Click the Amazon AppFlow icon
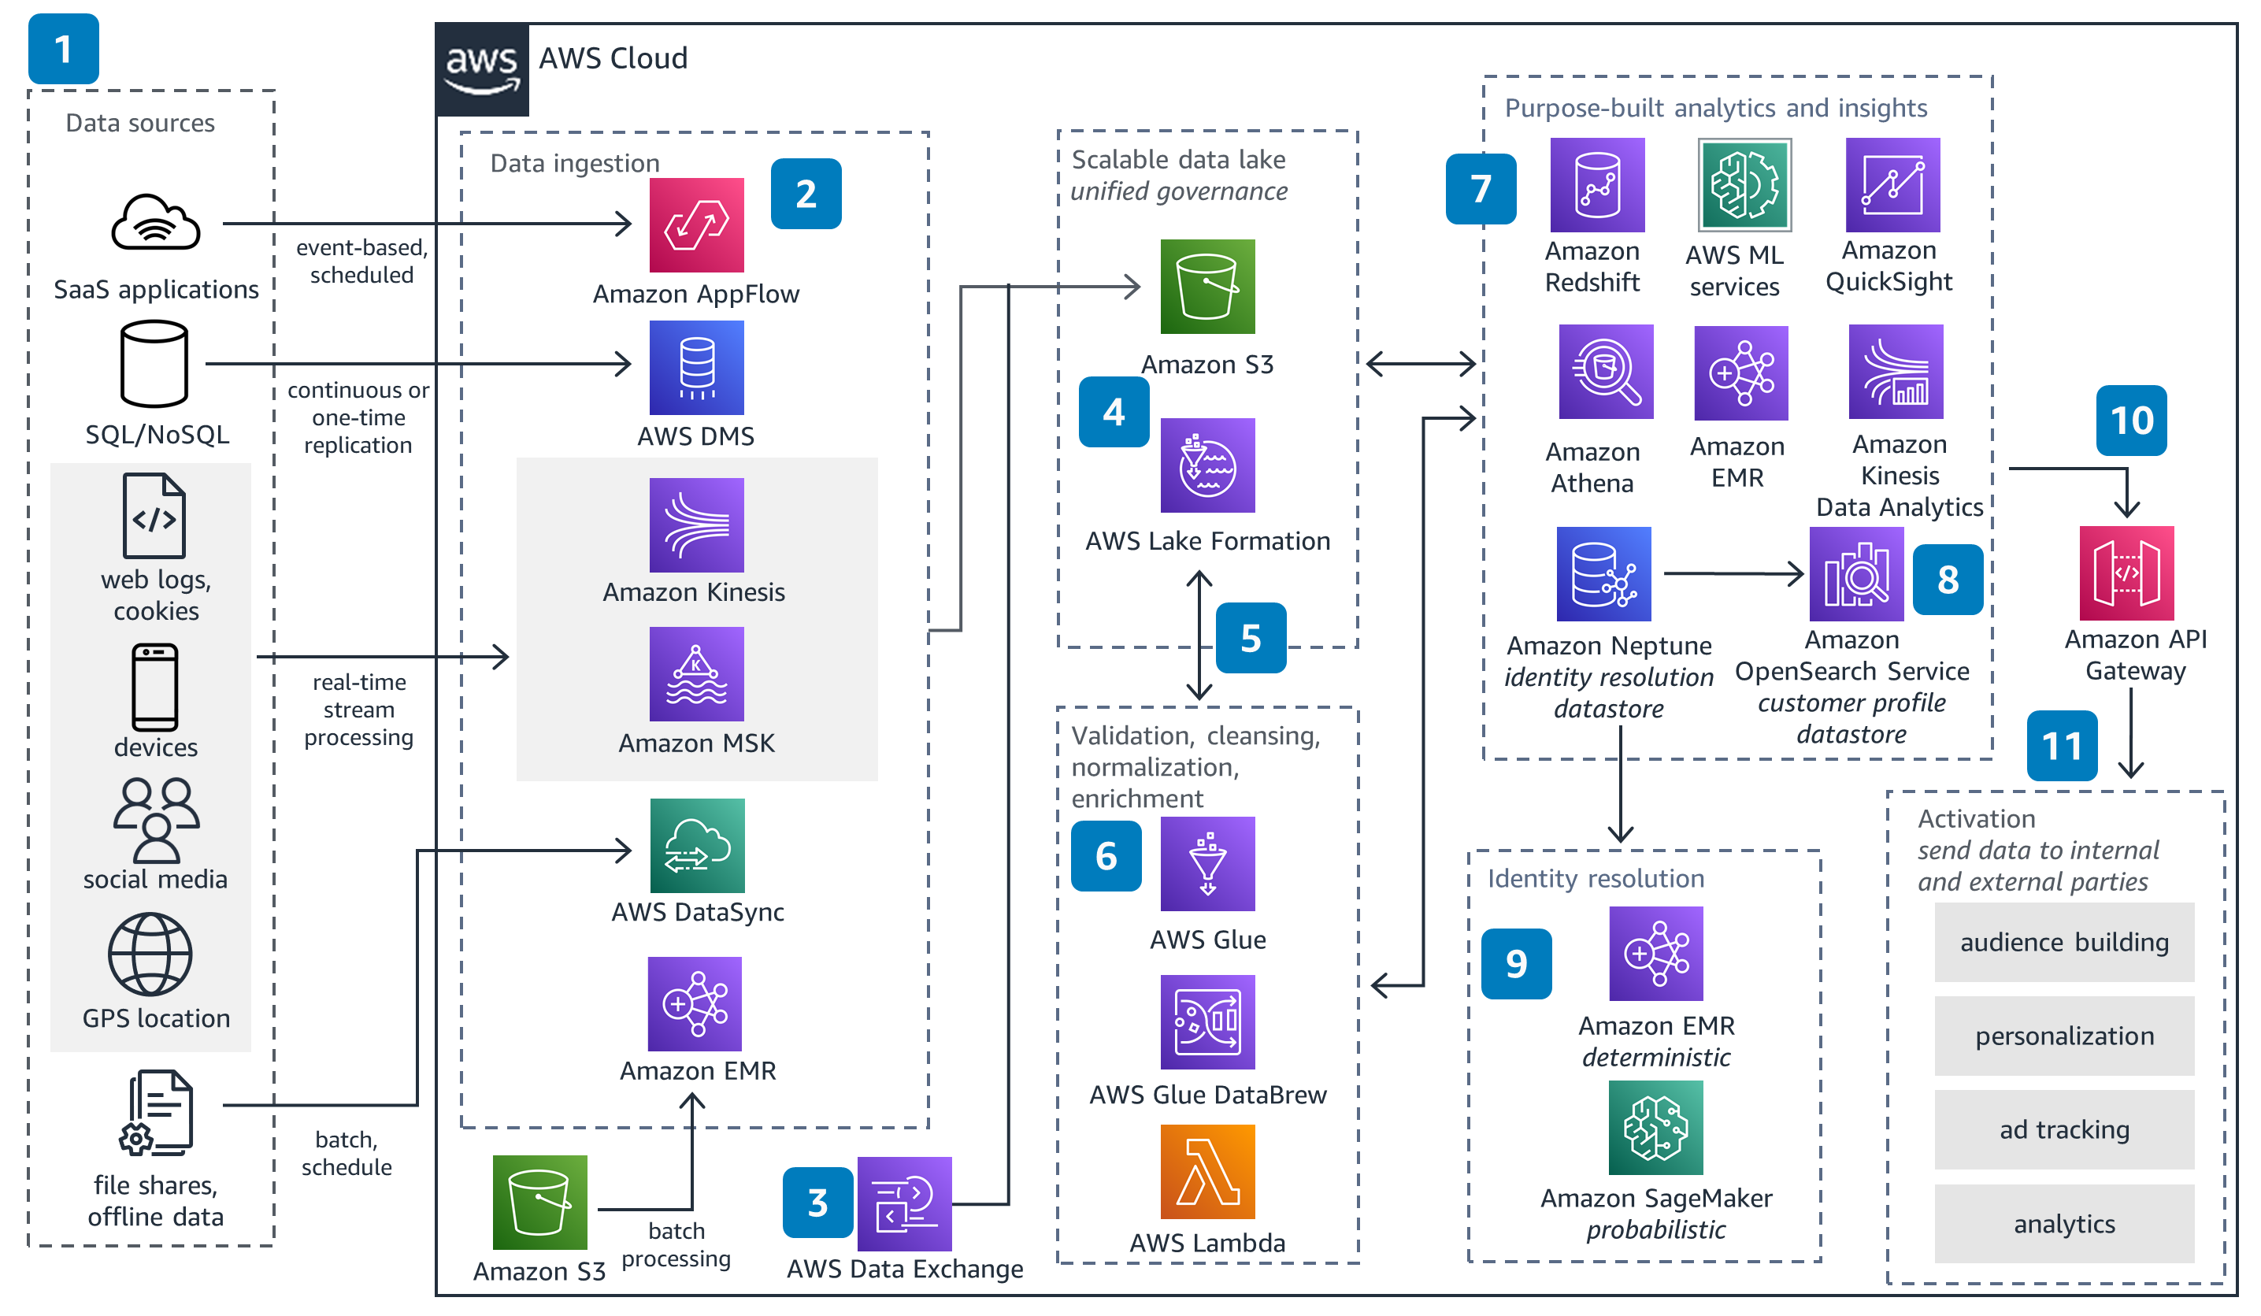click(696, 225)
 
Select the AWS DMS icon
click(696, 367)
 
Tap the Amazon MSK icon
click(696, 673)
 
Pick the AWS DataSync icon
click(696, 846)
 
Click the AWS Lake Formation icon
click(1206, 465)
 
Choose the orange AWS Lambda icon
click(1206, 1172)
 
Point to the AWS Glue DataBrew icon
click(1206, 1021)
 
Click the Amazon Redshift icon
click(1597, 185)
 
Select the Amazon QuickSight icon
click(1892, 185)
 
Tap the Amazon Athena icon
click(1605, 372)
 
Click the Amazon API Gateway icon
click(2126, 573)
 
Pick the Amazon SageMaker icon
click(1655, 1128)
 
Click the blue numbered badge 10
click(2131, 421)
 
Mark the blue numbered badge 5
click(1251, 638)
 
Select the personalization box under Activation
click(2063, 1036)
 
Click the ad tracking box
click(2063, 1129)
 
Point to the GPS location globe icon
click(150, 955)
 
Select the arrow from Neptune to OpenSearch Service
click(1732, 573)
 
